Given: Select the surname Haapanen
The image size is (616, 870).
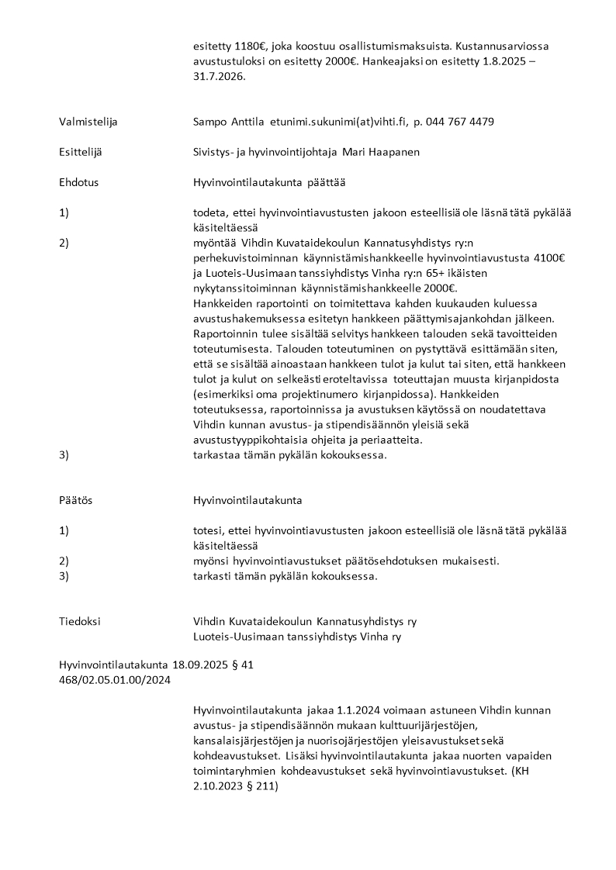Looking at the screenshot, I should [x=392, y=152].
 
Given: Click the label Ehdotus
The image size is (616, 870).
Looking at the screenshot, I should [x=79, y=182].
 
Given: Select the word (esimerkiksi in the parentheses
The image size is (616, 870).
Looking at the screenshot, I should [x=223, y=394].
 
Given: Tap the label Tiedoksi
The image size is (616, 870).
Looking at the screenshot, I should [x=80, y=621].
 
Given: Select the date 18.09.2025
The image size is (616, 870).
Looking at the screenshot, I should [x=196, y=665].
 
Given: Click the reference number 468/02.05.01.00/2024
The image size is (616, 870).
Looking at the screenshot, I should [x=115, y=680].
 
